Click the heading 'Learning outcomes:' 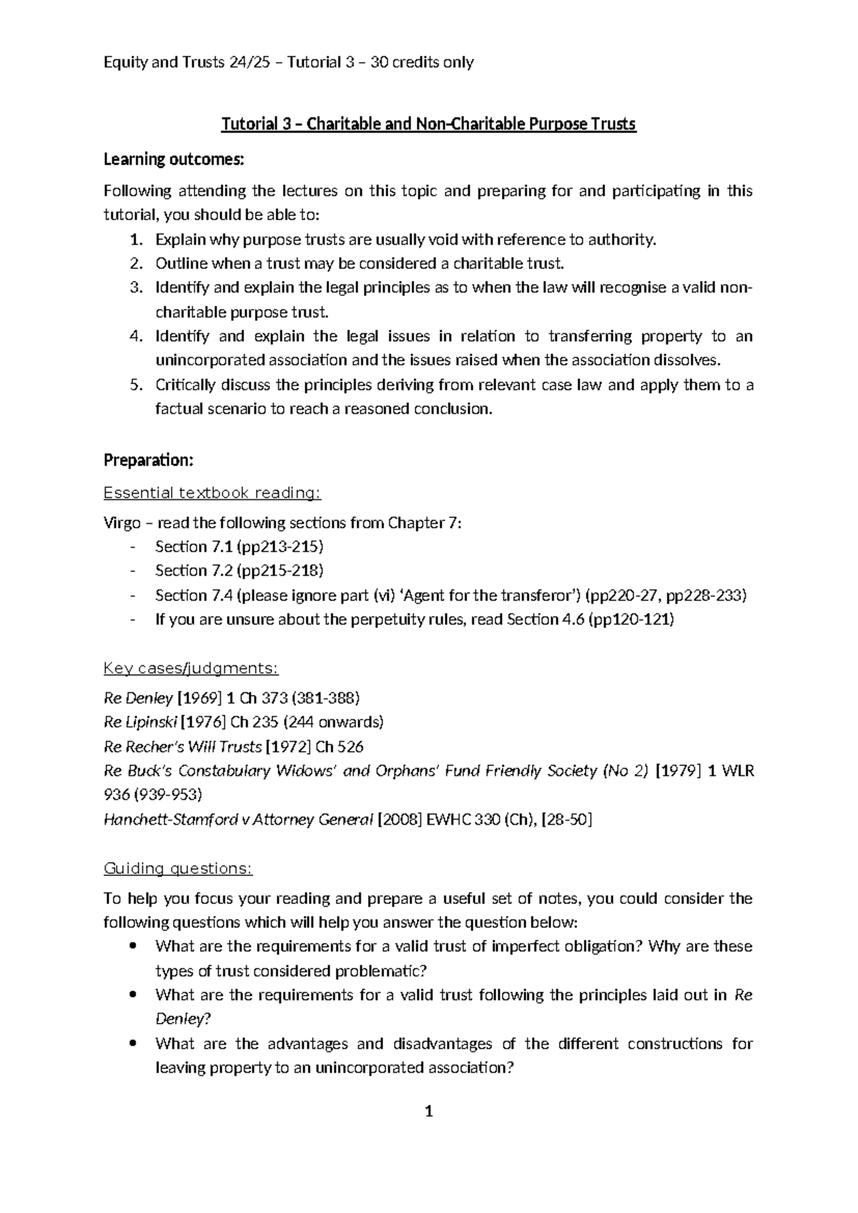[x=174, y=159]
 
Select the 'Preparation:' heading [x=148, y=460]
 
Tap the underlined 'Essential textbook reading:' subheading [x=212, y=493]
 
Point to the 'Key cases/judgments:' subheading [x=191, y=668]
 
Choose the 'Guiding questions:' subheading [x=178, y=868]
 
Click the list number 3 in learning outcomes [x=136, y=288]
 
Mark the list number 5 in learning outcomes [x=136, y=385]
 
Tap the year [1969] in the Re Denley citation [x=199, y=697]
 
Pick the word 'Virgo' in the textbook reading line [x=122, y=523]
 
